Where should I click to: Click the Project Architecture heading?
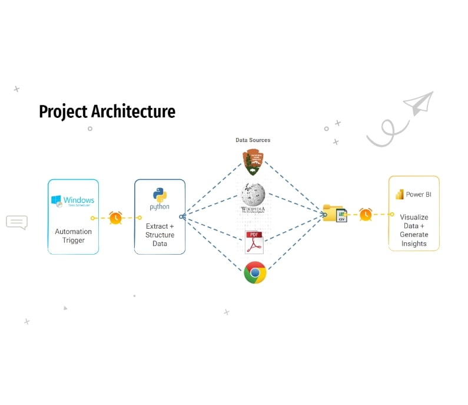[x=107, y=111]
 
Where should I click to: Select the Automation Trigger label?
[x=73, y=236]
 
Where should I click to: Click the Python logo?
[x=160, y=195]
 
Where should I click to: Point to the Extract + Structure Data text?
[x=160, y=235]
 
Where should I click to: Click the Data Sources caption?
[x=253, y=140]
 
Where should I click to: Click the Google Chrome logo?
[x=255, y=272]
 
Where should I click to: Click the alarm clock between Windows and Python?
[x=115, y=218]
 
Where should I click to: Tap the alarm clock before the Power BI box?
[x=366, y=214]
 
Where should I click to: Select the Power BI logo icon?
[x=399, y=195]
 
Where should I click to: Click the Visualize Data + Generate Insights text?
[x=414, y=230]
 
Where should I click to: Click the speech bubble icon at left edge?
[x=16, y=222]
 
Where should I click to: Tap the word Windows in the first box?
[x=79, y=200]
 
